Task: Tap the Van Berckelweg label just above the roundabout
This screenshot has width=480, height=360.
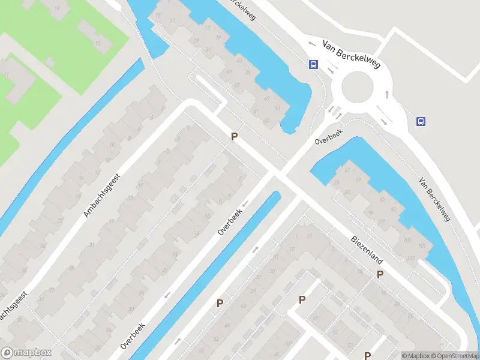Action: pyautogui.click(x=351, y=54)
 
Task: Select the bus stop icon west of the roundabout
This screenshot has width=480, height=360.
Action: pyautogui.click(x=313, y=65)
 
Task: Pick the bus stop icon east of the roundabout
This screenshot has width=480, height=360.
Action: pyautogui.click(x=421, y=121)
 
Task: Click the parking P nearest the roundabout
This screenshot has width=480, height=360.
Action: pyautogui.click(x=234, y=137)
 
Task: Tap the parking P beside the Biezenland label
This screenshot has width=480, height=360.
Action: pyautogui.click(x=380, y=275)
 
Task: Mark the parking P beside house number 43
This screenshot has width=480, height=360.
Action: pyautogui.click(x=220, y=304)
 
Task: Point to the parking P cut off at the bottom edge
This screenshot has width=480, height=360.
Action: pyautogui.click(x=367, y=355)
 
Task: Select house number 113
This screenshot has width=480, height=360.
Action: pyautogui.click(x=411, y=258)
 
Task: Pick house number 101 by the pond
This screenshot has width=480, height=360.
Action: pyautogui.click(x=423, y=246)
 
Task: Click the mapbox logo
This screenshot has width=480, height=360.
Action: pyautogui.click(x=26, y=353)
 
